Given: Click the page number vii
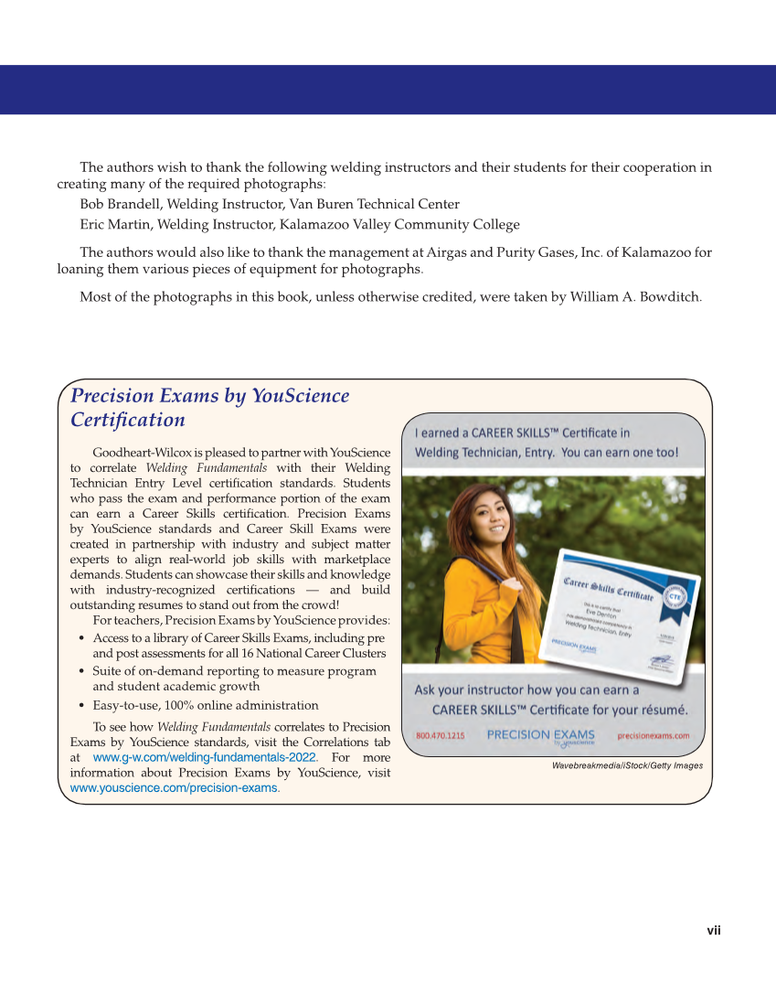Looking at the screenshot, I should pyautogui.click(x=714, y=931).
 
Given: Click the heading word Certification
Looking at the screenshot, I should pyautogui.click(x=128, y=420).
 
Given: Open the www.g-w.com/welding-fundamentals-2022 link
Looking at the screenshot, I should pyautogui.click(x=205, y=758).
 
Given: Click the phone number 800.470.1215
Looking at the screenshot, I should pyautogui.click(x=441, y=735).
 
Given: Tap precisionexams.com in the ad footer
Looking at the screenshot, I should pyautogui.click(x=654, y=735).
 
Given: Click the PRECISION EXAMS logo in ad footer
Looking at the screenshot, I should pyautogui.click(x=540, y=735).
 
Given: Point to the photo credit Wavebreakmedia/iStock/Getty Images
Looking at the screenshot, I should pyautogui.click(x=627, y=765).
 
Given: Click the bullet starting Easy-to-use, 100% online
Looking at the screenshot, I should pyautogui.click(x=206, y=705).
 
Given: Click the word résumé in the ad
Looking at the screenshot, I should pyautogui.click(x=660, y=710).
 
